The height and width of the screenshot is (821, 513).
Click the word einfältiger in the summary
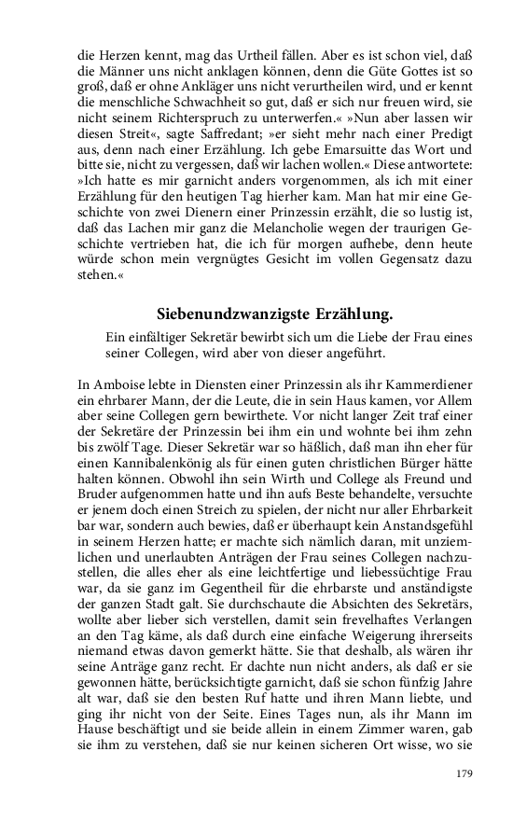(x=152, y=337)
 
